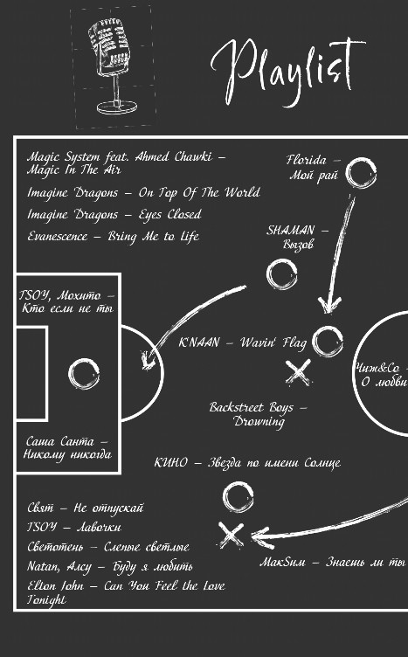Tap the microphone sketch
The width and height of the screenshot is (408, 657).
(x=110, y=66)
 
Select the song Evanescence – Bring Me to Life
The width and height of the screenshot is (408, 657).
(x=113, y=237)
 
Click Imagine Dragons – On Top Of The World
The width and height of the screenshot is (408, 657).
(x=143, y=193)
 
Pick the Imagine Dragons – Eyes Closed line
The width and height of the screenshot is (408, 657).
(x=114, y=215)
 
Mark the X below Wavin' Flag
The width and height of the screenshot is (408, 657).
(x=298, y=372)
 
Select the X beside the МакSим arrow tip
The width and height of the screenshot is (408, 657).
(x=231, y=535)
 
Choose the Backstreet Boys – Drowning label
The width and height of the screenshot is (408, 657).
(x=258, y=414)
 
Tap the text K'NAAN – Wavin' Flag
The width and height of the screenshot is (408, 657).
(x=243, y=343)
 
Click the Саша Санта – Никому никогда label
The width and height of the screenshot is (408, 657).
(x=67, y=447)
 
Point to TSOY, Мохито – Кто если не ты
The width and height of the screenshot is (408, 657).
(x=67, y=302)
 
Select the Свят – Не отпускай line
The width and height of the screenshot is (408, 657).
(x=86, y=508)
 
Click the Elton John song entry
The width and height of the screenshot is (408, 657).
(x=127, y=593)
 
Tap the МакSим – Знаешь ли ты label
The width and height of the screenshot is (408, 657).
(x=333, y=563)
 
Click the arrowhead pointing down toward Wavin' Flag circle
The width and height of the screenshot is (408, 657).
(x=329, y=305)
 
